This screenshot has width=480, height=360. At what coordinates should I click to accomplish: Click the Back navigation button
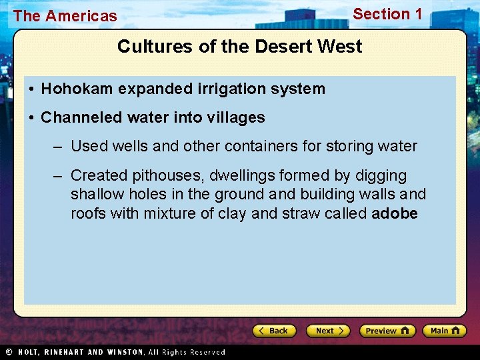click(274, 331)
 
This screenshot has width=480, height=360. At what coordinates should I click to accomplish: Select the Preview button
click(387, 331)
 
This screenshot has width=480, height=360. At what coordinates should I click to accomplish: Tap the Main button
click(445, 331)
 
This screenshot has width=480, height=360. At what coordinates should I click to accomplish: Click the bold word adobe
click(395, 213)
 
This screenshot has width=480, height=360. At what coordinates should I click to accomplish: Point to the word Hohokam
click(70, 89)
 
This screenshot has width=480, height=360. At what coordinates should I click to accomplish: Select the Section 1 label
click(387, 14)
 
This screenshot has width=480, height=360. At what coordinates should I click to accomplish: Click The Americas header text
click(65, 16)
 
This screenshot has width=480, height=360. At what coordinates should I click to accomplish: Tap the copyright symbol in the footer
click(9, 352)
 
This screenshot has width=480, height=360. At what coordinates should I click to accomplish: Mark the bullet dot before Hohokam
click(31, 89)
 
